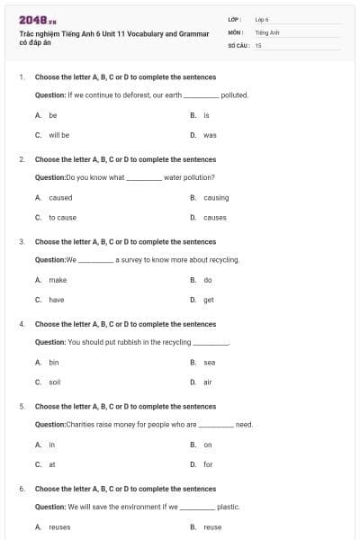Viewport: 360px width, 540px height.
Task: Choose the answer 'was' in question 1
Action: tap(210, 135)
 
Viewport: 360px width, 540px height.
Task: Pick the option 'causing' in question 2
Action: tap(216, 197)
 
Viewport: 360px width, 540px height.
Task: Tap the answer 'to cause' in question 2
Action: tap(63, 218)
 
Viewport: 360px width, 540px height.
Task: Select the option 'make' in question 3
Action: tap(58, 280)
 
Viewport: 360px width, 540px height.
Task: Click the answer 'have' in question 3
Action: tap(57, 300)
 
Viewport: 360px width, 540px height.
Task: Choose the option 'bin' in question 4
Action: tap(54, 362)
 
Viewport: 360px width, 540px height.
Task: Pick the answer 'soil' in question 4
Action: tap(54, 382)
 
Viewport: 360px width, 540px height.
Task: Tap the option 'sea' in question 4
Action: tap(209, 362)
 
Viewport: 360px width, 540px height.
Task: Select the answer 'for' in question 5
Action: tap(208, 464)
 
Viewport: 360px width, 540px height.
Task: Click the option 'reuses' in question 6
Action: tap(59, 526)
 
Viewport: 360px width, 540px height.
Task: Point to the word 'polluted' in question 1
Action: tap(234, 94)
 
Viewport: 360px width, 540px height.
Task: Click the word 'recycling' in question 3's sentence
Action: tap(222, 259)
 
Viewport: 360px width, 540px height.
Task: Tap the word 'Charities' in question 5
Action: tap(79, 424)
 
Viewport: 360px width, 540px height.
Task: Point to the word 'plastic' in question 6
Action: tap(228, 507)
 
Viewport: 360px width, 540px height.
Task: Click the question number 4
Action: tap(21, 324)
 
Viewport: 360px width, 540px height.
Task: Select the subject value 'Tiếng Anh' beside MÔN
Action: tap(267, 32)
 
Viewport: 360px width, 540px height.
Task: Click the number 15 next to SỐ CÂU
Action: tap(258, 44)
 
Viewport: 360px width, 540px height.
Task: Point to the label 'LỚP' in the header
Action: tap(234, 19)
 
